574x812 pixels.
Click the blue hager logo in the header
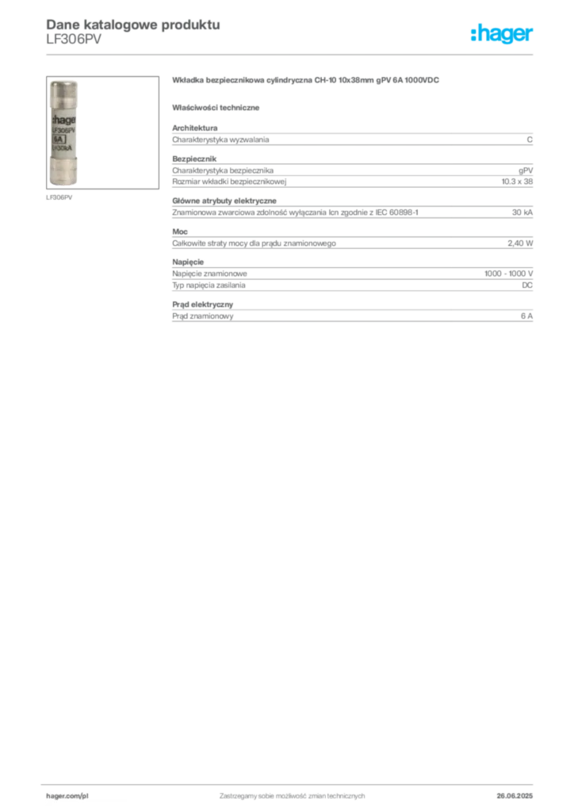point(503,35)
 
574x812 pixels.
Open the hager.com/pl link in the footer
point(68,794)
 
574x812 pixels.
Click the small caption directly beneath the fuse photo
point(61,197)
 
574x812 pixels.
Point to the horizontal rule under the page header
point(292,54)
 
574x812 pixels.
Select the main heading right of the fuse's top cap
point(306,82)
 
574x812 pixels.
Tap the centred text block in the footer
point(292,794)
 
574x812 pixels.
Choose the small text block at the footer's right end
point(520,794)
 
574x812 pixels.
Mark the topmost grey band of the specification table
point(352,140)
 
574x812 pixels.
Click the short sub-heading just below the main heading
point(219,107)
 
